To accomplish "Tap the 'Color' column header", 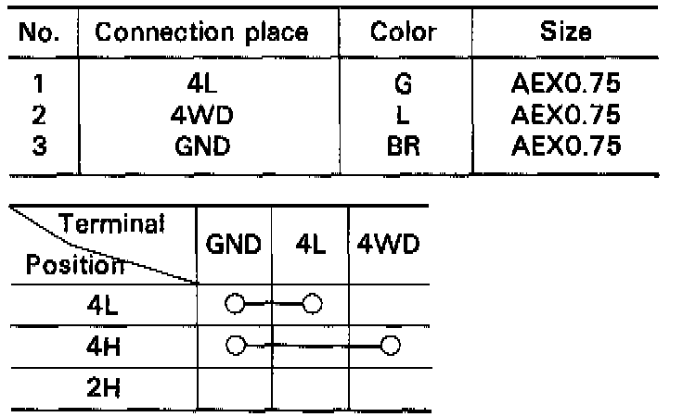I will (403, 33).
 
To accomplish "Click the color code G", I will (403, 87).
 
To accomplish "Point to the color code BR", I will (403, 145).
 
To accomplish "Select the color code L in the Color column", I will (403, 117).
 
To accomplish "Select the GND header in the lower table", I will (234, 246).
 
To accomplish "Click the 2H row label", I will (100, 387).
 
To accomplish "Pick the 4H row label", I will (100, 345).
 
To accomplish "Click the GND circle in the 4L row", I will (234, 303).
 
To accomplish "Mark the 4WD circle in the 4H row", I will (390, 345).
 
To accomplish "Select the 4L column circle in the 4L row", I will (311, 303).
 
